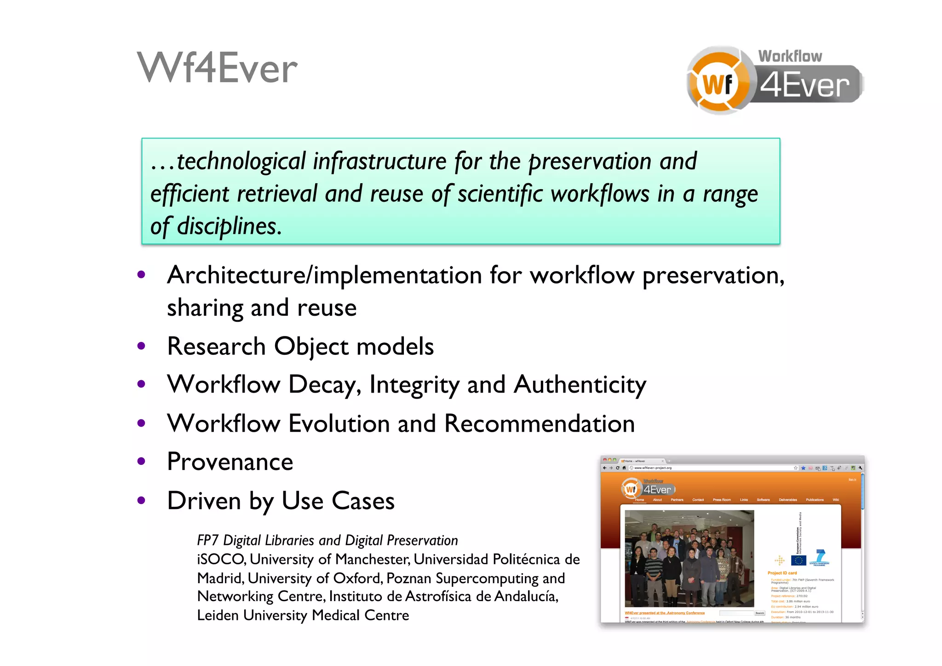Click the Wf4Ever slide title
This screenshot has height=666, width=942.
[217, 68]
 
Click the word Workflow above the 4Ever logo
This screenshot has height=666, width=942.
[790, 56]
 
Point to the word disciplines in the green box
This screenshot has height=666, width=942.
[229, 226]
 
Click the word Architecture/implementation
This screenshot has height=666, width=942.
[324, 275]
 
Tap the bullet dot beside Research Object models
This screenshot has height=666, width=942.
[141, 346]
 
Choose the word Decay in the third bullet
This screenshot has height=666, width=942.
[324, 385]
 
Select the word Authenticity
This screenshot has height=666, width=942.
[580, 385]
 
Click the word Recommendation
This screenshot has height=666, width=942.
[540, 423]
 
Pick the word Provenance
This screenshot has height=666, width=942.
[230, 462]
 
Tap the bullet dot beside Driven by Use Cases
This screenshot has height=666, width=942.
[141, 500]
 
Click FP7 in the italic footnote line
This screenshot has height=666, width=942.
[207, 540]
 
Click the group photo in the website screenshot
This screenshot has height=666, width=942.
[689, 558]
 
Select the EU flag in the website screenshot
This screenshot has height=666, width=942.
[798, 560]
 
